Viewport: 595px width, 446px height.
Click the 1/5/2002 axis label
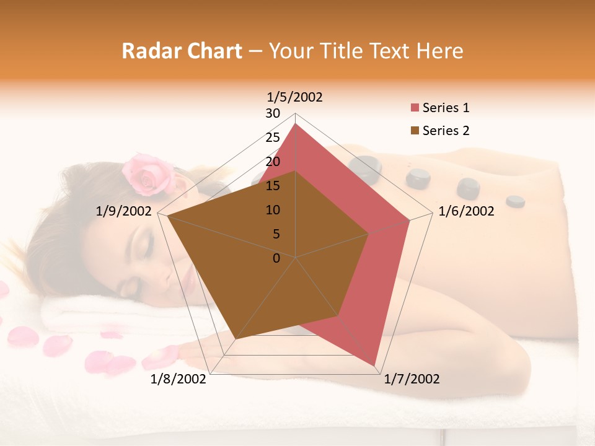(295, 97)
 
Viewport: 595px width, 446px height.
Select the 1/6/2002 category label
(466, 211)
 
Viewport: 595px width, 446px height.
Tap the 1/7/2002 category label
(412, 379)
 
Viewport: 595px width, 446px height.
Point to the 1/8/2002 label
(178, 379)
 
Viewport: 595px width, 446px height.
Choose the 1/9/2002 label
(124, 211)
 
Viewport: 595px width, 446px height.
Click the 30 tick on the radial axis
(273, 113)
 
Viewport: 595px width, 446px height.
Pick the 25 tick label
(273, 138)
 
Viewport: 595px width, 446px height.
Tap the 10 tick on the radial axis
(273, 210)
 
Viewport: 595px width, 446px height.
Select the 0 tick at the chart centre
(276, 258)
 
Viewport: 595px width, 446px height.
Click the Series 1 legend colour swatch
(415, 108)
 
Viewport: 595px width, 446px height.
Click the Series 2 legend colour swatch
(415, 131)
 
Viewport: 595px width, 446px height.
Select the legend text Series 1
(446, 108)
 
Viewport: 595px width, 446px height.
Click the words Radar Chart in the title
(182, 51)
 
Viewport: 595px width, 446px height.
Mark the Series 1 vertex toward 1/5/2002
(295, 124)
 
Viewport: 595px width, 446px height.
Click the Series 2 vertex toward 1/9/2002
(167, 216)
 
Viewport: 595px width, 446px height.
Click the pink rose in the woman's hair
(148, 174)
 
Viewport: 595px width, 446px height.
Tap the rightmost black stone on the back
(515, 201)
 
